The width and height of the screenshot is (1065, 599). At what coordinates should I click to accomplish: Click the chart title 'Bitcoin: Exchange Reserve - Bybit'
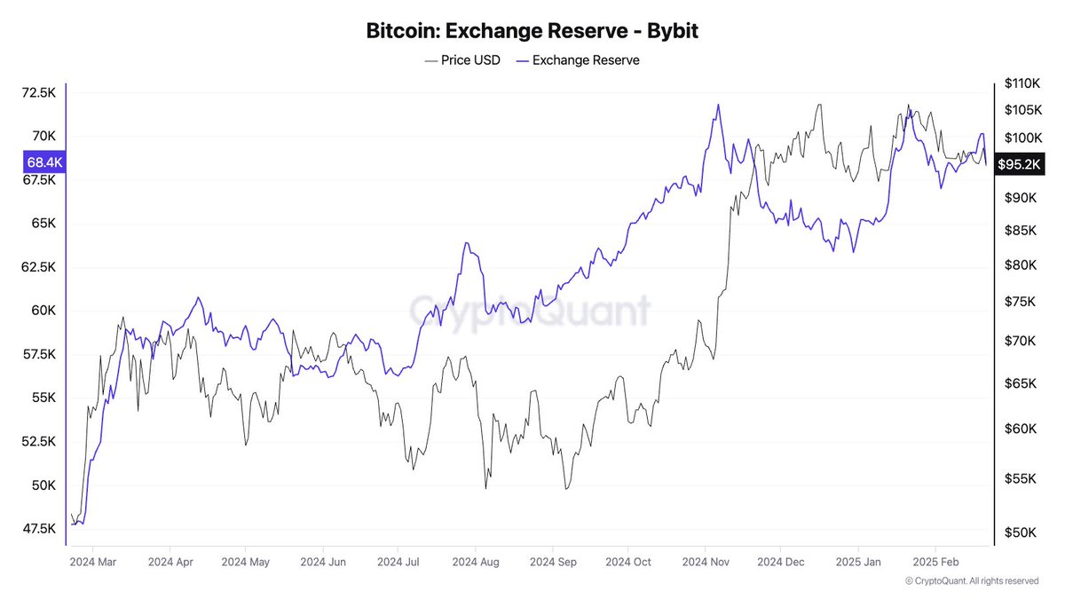[x=532, y=31]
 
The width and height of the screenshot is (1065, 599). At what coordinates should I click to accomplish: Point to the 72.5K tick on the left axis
[x=40, y=92]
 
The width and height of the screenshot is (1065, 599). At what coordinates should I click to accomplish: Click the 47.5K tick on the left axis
[x=40, y=529]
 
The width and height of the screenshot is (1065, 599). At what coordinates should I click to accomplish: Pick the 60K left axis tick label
[x=44, y=311]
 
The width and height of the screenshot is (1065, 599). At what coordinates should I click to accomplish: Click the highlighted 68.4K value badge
[x=43, y=162]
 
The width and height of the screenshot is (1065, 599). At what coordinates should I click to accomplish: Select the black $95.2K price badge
[x=1020, y=164]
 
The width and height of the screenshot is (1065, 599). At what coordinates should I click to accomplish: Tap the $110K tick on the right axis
[x=1022, y=83]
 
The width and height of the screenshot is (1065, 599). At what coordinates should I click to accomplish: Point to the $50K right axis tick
[x=1022, y=532]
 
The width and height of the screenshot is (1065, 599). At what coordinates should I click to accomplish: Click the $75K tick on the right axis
[x=1022, y=303]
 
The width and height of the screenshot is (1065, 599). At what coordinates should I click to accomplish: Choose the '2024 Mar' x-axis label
[x=93, y=562]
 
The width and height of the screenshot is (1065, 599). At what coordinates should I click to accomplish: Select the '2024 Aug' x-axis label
[x=477, y=562]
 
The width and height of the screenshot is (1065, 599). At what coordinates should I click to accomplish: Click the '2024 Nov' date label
[x=707, y=562]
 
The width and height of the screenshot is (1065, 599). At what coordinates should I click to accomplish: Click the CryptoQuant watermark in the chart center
[x=530, y=311]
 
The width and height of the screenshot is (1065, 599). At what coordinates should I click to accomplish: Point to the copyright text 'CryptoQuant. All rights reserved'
[x=972, y=581]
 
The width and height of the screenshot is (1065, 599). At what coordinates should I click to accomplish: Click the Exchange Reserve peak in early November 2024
[x=717, y=105]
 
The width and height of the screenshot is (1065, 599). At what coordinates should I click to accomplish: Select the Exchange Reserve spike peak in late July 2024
[x=464, y=243]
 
